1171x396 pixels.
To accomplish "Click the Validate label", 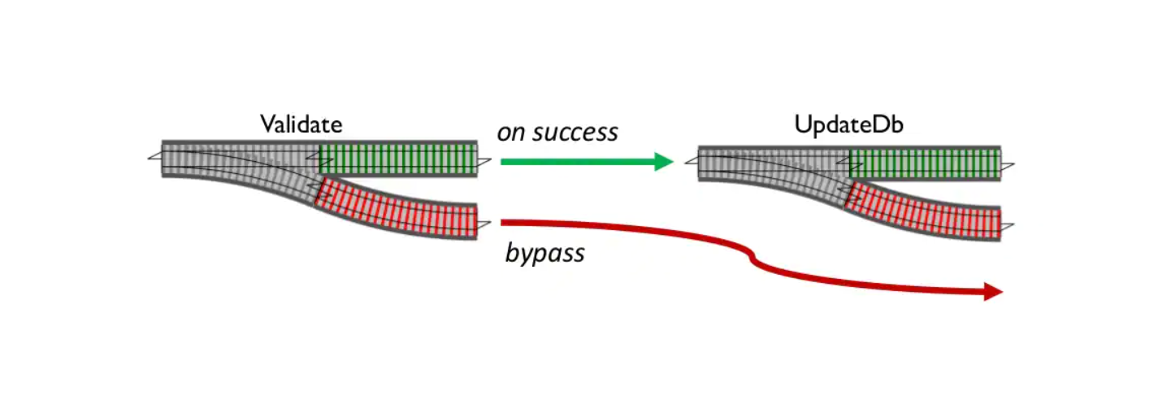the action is coord(301,124).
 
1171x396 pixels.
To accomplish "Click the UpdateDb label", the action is coord(848,124).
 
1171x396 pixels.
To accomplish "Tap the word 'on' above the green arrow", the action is coord(511,133).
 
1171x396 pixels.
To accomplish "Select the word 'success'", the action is coord(575,133).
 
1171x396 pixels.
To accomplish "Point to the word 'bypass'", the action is coord(544,253).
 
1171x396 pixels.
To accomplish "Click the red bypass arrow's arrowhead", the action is coord(993,292).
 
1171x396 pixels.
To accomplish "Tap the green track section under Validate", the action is coord(398,159).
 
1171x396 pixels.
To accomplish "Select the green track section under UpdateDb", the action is coord(926,163).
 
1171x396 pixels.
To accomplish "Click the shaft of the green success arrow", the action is coord(578,162).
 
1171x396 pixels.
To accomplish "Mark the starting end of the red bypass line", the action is coord(502,222).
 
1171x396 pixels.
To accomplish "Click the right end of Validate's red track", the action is coord(477,222).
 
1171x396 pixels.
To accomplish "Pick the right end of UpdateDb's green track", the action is coord(1000,163).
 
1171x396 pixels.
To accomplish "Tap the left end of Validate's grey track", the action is coord(162,159).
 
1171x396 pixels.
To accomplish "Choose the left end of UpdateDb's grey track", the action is coord(698,163).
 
